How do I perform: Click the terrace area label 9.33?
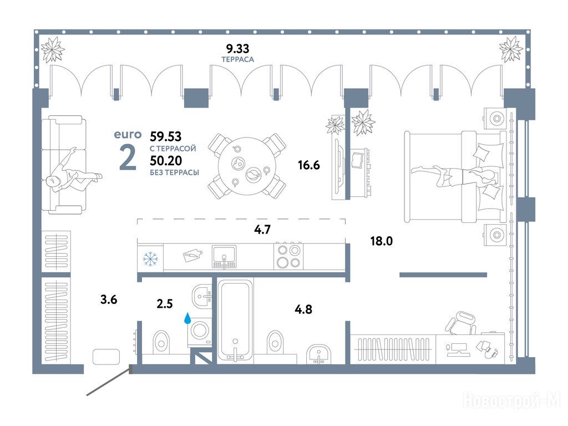[x=237, y=48]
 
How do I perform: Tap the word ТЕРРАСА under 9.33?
[x=237, y=59]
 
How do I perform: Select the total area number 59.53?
[x=165, y=136]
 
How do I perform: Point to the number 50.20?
[x=166, y=160]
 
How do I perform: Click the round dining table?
[x=247, y=165]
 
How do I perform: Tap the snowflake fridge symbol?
[x=149, y=259]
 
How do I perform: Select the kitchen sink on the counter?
[x=224, y=257]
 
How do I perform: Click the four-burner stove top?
[x=288, y=256]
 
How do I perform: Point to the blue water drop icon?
[x=187, y=318]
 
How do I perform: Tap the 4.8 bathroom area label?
[x=303, y=310]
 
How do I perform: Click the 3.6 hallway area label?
[x=109, y=300]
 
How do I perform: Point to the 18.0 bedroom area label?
[x=382, y=241]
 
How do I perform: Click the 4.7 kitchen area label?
[x=262, y=229]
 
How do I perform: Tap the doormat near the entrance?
[x=106, y=357]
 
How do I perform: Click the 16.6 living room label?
[x=309, y=165]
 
